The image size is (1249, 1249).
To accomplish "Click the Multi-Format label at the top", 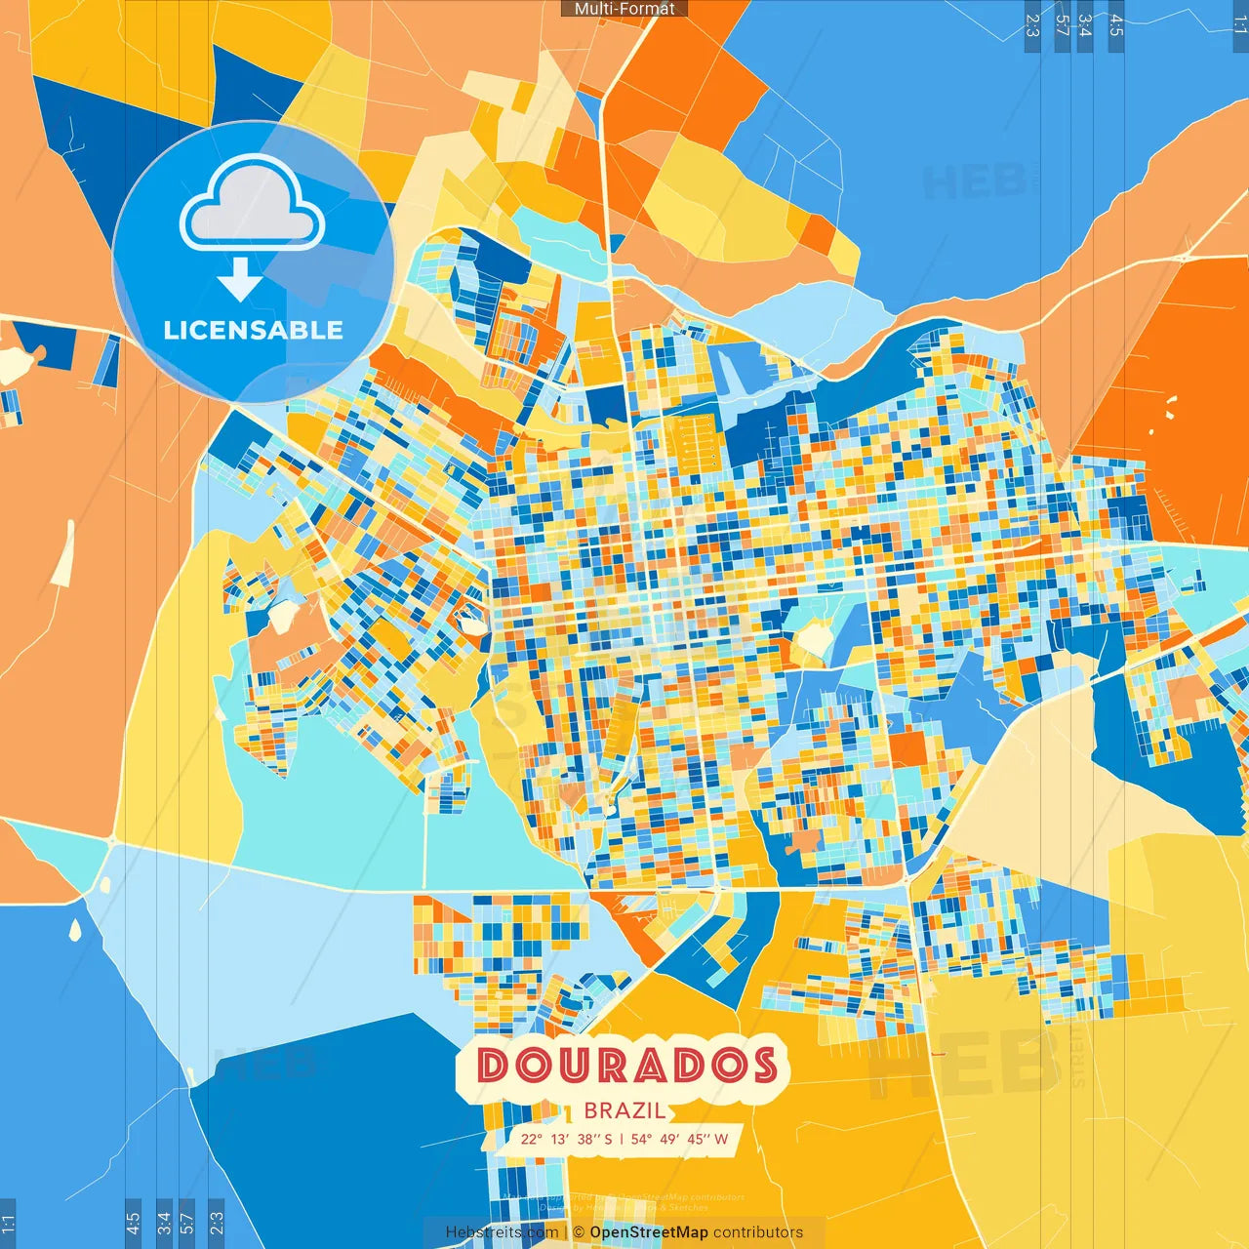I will pyautogui.click(x=624, y=9).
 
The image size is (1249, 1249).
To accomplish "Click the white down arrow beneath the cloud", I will pyautogui.click(x=240, y=279).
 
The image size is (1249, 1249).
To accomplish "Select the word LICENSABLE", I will pyautogui.click(x=253, y=330).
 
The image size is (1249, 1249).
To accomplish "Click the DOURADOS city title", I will pyautogui.click(x=626, y=1066).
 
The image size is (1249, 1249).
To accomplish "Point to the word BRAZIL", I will pyautogui.click(x=624, y=1110).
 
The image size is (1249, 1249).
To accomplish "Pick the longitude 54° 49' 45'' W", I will pyautogui.click(x=679, y=1139).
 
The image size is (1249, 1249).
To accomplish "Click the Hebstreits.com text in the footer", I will pyautogui.click(x=502, y=1232).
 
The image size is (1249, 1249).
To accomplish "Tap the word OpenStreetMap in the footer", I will pyautogui.click(x=649, y=1232).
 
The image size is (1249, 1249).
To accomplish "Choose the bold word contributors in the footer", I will pyautogui.click(x=758, y=1232).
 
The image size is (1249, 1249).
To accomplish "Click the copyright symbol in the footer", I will pyautogui.click(x=579, y=1232).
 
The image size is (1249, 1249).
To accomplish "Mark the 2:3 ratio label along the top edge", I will pyautogui.click(x=1032, y=25).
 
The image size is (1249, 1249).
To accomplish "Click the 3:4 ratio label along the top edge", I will pyautogui.click(x=1085, y=25).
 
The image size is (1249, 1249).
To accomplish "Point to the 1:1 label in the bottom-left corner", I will pyautogui.click(x=8, y=1224).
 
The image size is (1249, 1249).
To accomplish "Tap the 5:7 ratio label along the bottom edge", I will pyautogui.click(x=187, y=1223).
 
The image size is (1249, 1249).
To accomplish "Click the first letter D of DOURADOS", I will pyautogui.click(x=494, y=1066).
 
